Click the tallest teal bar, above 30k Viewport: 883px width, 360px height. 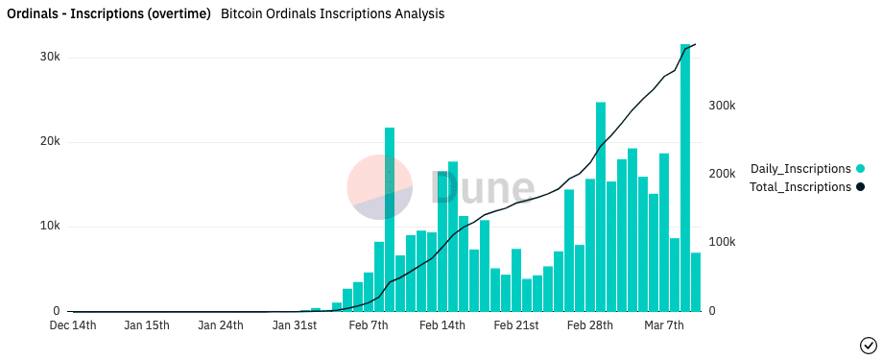point(685,178)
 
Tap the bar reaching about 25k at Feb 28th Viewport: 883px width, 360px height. point(601,206)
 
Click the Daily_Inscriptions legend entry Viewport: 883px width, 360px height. point(800,168)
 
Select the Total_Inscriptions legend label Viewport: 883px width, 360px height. point(800,187)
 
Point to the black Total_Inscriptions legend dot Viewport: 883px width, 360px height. point(861,187)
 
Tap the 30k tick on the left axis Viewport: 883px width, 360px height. point(48,58)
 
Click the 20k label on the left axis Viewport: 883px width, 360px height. point(48,142)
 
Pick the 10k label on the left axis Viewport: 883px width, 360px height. point(48,227)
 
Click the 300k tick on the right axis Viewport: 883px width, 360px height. point(722,106)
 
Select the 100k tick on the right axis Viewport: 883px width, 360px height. point(722,243)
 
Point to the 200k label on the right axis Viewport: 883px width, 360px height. point(722,174)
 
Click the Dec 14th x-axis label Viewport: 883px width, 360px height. point(73,325)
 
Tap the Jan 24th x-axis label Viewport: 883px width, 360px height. point(221,325)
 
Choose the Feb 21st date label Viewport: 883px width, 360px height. point(515,325)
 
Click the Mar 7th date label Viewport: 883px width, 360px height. point(662,325)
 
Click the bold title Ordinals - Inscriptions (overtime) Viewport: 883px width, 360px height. point(109,14)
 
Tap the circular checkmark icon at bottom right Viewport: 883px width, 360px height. point(868,344)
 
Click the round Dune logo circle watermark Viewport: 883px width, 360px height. point(379,188)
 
